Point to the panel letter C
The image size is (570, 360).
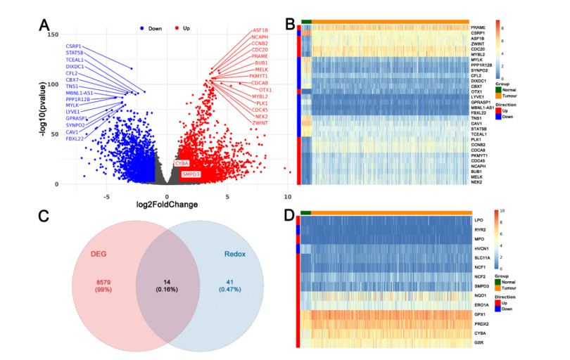tap(43, 216)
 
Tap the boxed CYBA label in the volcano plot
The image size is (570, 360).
tap(182, 163)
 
